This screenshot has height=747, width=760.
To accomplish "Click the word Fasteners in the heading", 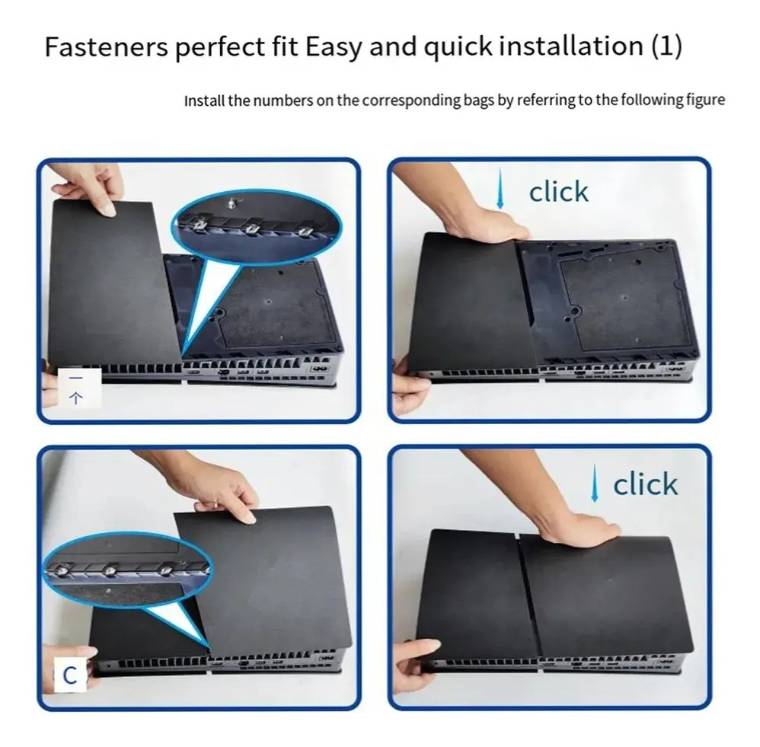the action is coord(106,46).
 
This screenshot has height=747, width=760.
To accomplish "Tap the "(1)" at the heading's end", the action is coord(666,46).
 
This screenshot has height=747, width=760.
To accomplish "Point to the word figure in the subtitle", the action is coord(706,101).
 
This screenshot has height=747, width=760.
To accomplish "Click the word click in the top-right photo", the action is coord(558,192).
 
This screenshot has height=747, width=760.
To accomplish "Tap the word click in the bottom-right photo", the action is coord(645,484).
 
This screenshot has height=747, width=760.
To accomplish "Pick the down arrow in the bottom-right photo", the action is coord(594,484).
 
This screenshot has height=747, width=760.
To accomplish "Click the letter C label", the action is coord(70,675).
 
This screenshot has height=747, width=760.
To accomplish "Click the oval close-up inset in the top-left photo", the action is coord(257,226).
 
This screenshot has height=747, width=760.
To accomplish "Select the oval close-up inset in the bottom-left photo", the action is coord(127,568).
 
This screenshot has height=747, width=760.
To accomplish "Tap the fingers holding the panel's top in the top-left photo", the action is coord(93,191).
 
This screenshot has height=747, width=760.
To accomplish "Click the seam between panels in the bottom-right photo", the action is coord(530,596).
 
